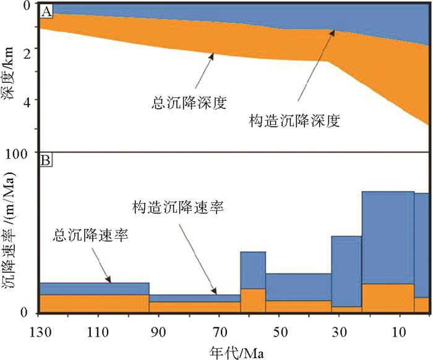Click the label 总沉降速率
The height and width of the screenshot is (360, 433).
point(90,235)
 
